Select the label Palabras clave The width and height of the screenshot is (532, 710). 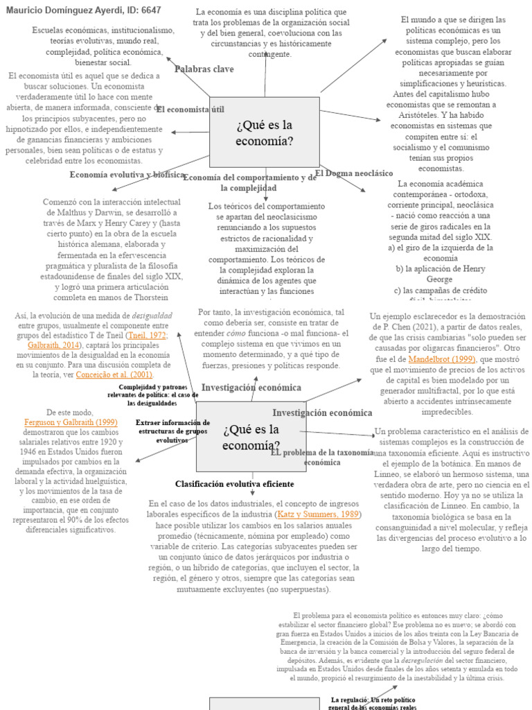(x=204, y=69)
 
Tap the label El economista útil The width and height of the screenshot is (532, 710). (x=190, y=110)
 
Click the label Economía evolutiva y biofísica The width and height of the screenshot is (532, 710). (x=127, y=175)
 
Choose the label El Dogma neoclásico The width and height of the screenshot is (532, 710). (x=354, y=173)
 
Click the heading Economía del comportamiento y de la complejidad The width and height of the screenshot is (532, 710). (x=249, y=182)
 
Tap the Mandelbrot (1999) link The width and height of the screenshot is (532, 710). (x=432, y=359)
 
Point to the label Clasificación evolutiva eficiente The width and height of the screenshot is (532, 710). (x=234, y=484)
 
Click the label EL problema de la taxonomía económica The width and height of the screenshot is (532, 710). (x=322, y=457)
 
